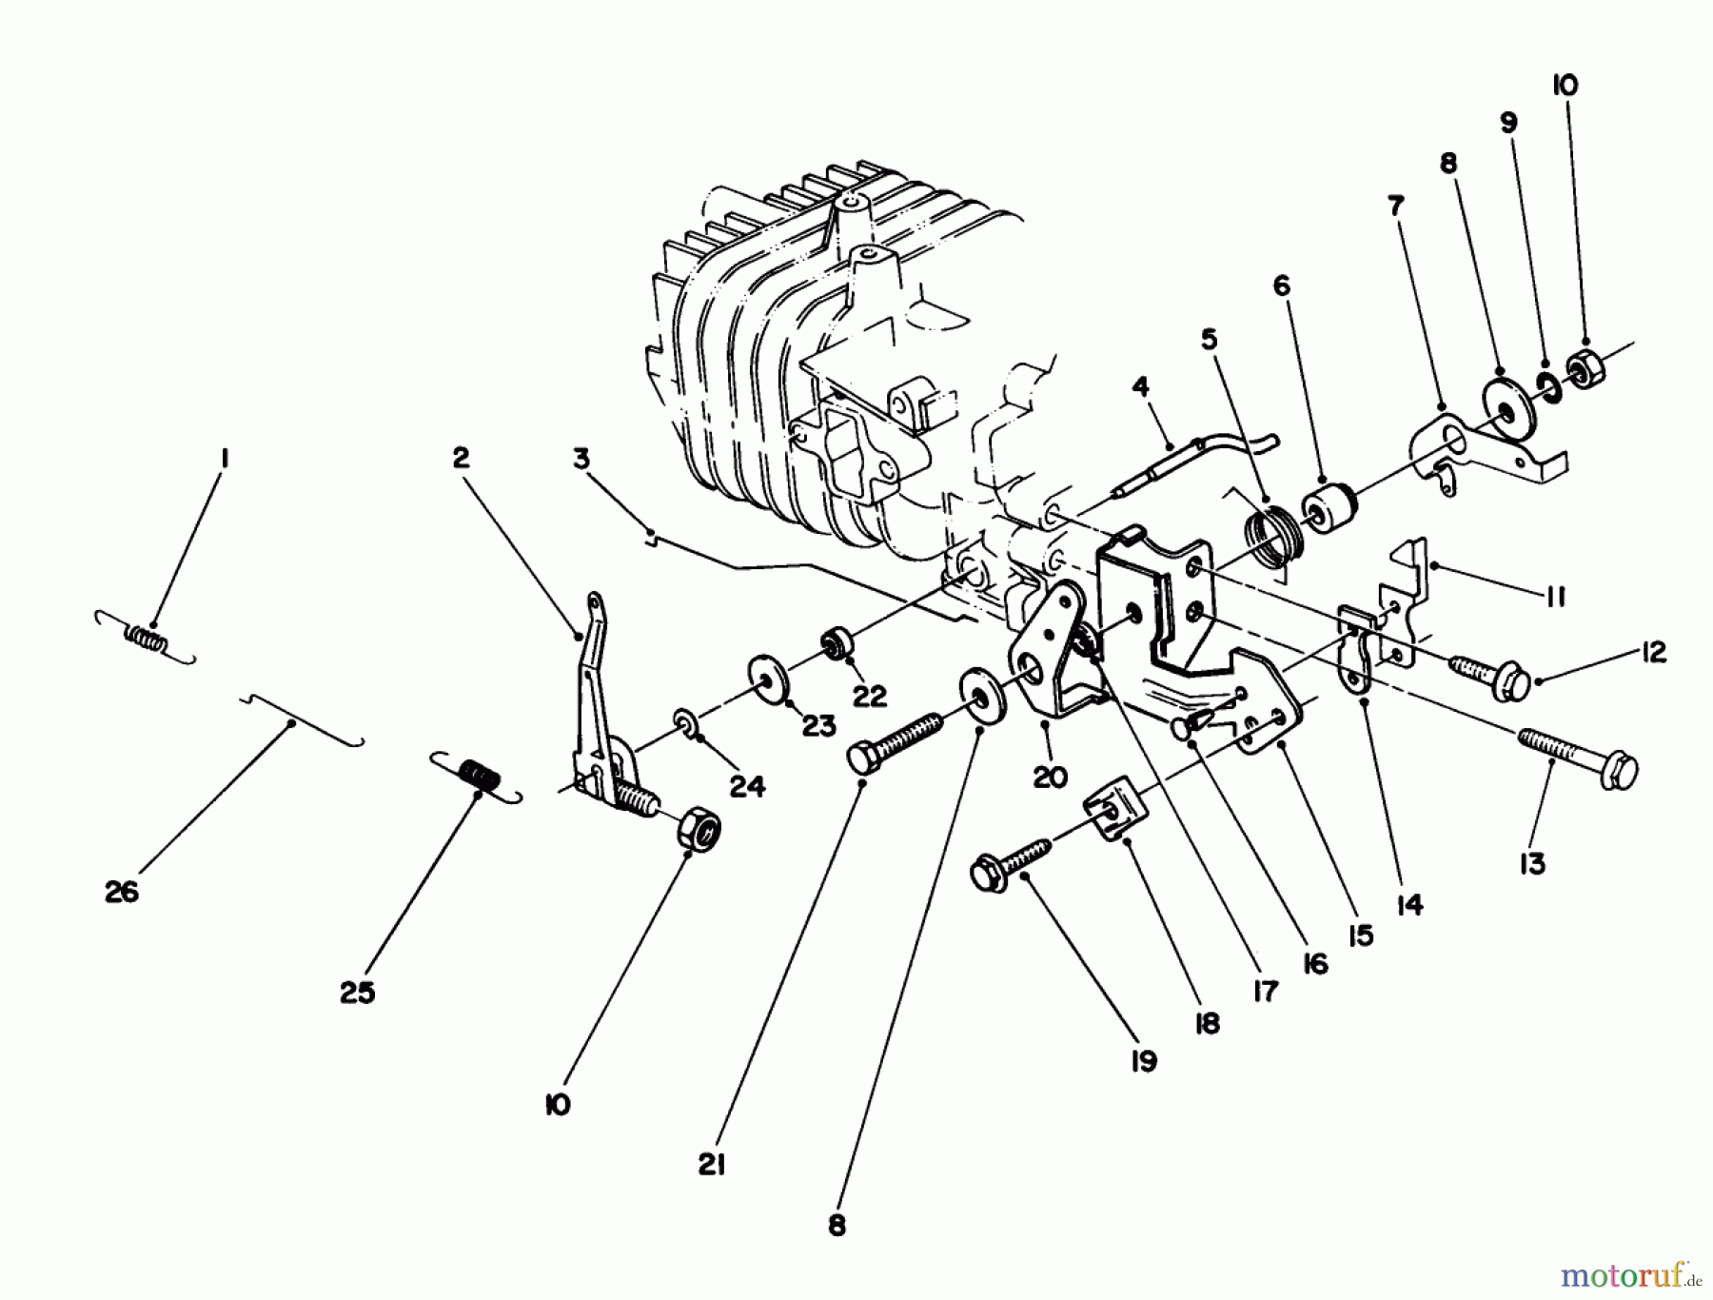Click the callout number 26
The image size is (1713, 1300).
tap(122, 892)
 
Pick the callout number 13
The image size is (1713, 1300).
tap(1532, 864)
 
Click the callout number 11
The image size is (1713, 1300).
tap(1555, 597)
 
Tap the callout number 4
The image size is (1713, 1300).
tap(1140, 386)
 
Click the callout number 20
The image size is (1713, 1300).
tap(1050, 778)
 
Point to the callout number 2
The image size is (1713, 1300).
tap(461, 458)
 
